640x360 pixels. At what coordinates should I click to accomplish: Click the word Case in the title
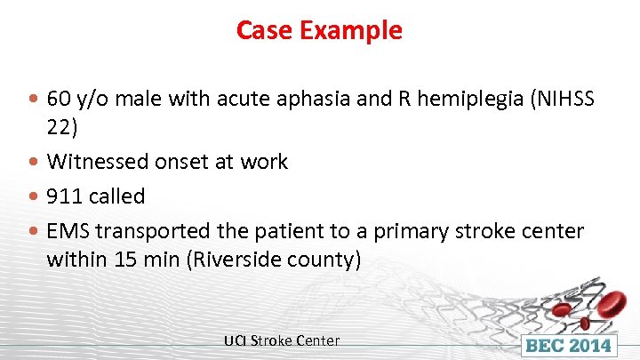pyautogui.click(x=265, y=31)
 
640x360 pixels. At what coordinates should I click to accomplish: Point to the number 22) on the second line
pyautogui.click(x=62, y=127)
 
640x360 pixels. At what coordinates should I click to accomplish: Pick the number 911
pyautogui.click(x=65, y=196)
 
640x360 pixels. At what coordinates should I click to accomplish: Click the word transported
pyautogui.click(x=150, y=231)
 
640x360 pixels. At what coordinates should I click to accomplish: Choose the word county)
pyautogui.click(x=328, y=260)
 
